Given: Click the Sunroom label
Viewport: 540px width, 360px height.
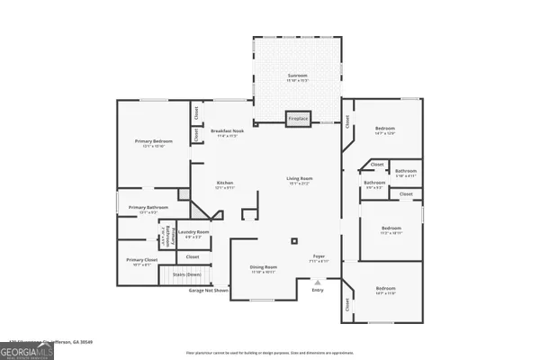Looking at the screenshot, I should (298, 76).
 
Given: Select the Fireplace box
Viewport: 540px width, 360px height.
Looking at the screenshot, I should (298, 118).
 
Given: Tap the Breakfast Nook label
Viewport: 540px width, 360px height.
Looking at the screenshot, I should (224, 132).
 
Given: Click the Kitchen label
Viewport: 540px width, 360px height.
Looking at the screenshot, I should (225, 184).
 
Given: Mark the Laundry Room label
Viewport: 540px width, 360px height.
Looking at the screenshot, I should (193, 233).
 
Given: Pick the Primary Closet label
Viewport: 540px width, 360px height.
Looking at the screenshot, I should (138, 262).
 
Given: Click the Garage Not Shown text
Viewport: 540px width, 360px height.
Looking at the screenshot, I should (208, 291).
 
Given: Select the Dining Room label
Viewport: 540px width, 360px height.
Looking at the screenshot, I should (263, 268).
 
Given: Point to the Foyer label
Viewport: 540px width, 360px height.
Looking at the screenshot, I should (318, 257).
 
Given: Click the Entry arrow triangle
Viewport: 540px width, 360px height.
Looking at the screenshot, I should (317, 282).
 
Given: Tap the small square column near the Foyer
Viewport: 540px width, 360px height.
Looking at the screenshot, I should (294, 241).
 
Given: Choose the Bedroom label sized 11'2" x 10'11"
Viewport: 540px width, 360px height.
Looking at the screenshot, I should (390, 229).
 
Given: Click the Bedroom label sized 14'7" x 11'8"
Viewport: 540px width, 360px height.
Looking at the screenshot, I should (384, 290).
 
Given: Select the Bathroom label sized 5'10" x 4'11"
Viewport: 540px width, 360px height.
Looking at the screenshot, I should (405, 172).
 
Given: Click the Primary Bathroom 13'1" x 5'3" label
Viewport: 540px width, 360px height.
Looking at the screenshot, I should (148, 210).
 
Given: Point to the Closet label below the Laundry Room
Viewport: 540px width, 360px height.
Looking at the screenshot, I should (193, 257).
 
